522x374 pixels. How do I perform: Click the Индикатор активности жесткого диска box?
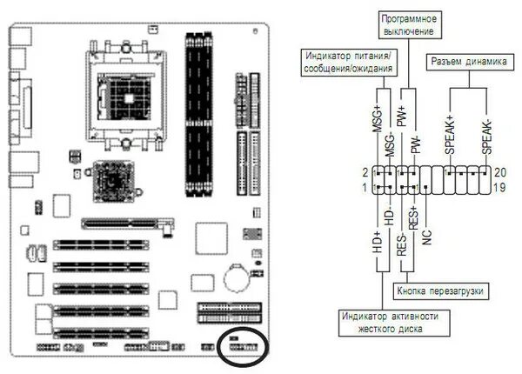(388, 323)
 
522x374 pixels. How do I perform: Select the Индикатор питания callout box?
(346, 63)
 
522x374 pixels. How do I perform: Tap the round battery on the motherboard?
(237, 277)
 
